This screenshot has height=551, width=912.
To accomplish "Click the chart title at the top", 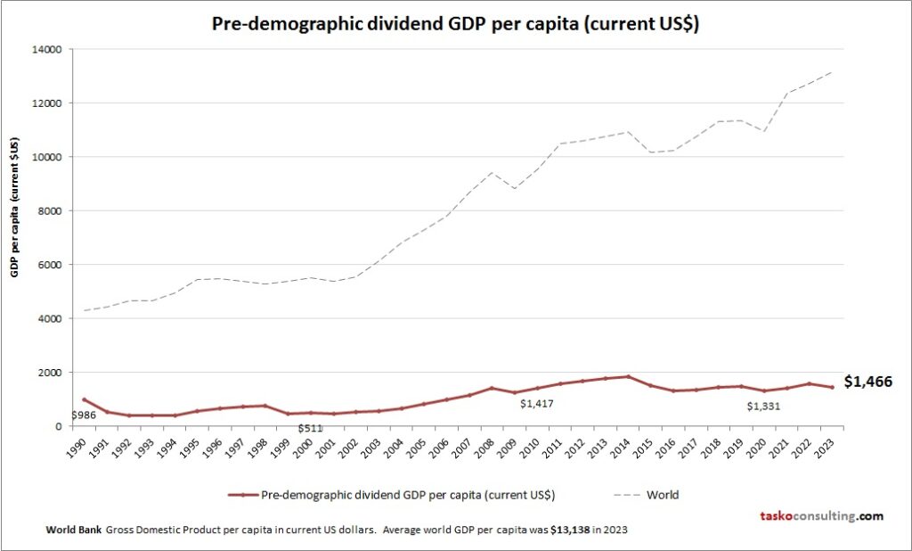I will tap(455, 24).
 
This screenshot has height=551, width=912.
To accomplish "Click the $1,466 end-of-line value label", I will tap(867, 382).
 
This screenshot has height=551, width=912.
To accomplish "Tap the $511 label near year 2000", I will tap(310, 428).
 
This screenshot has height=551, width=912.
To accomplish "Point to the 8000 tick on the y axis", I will tap(46, 210).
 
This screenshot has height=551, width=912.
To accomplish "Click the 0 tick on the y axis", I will tap(56, 426).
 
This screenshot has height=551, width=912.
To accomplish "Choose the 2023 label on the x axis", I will tap(829, 445).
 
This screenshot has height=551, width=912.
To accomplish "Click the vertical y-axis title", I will tap(15, 207).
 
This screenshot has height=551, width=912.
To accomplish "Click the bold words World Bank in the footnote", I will tap(74, 530).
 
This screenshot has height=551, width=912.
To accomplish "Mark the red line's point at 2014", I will tap(628, 376).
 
